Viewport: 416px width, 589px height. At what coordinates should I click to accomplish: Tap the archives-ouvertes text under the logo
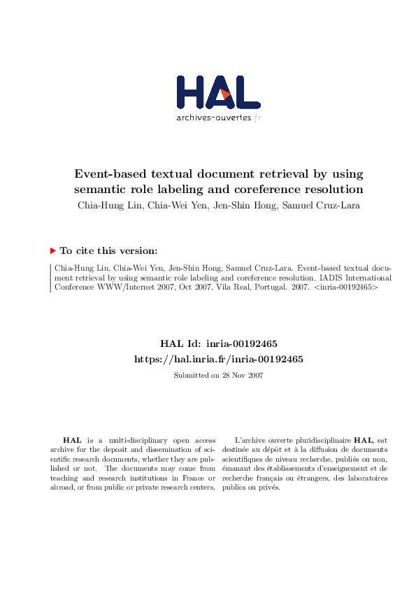click(x=213, y=118)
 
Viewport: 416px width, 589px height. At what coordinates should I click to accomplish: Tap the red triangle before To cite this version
click(x=53, y=250)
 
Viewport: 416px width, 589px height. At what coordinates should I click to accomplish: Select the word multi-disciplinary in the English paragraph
click(x=130, y=440)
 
